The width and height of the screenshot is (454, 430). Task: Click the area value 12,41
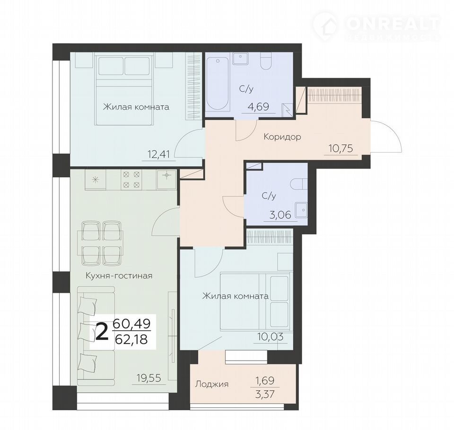pyautogui.click(x=158, y=154)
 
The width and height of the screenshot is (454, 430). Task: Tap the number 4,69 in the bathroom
pyautogui.click(x=258, y=106)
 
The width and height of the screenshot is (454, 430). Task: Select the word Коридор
pyautogui.click(x=282, y=136)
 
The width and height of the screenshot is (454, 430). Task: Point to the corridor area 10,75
pyautogui.click(x=341, y=148)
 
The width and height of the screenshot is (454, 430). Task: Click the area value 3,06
pyautogui.click(x=280, y=215)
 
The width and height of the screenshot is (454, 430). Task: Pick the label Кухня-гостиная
pyautogui.click(x=119, y=275)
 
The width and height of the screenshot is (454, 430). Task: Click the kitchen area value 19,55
pyautogui.click(x=149, y=378)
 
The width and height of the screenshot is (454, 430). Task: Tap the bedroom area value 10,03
pyautogui.click(x=271, y=336)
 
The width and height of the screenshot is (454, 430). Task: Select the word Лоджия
pyautogui.click(x=212, y=384)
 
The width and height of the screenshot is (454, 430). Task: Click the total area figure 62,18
pyautogui.click(x=131, y=339)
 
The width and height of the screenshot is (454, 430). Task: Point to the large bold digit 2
pyautogui.click(x=102, y=332)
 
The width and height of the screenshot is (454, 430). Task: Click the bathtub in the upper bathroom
pyautogui.click(x=218, y=84)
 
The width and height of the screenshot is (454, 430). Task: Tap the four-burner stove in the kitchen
pyautogui.click(x=132, y=180)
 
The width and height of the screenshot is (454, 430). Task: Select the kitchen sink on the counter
pyautogui.click(x=166, y=175)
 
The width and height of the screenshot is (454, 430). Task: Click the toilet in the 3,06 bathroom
pyautogui.click(x=299, y=183)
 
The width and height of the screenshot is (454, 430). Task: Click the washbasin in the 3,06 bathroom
pyautogui.click(x=301, y=209)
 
